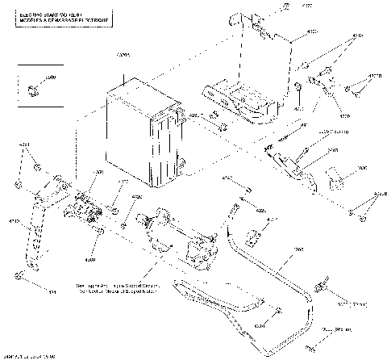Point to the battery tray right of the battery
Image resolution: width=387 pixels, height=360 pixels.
[x=242, y=101]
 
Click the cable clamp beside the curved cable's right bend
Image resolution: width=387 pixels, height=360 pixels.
[x=321, y=286]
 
